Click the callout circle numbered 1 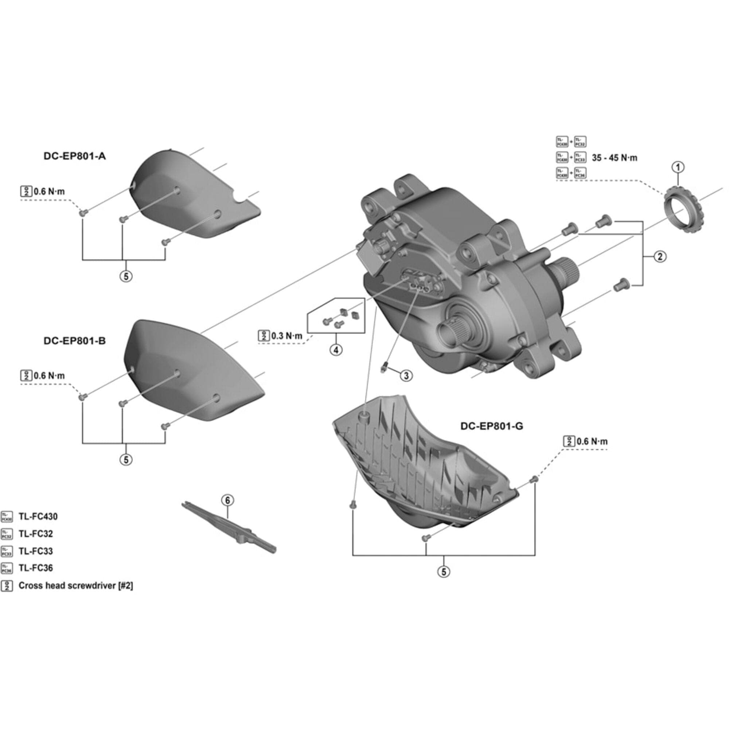(x=678, y=167)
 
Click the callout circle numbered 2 (x=660, y=257)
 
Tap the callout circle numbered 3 (x=406, y=375)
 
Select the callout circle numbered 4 (x=336, y=350)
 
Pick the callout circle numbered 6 (x=227, y=500)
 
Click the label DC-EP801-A (x=75, y=156)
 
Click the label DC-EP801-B (x=75, y=341)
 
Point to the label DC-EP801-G (x=492, y=426)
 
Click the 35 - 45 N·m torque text (x=614, y=158)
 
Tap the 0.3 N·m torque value (x=287, y=336)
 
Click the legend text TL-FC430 (x=38, y=516)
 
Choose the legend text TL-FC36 (x=36, y=568)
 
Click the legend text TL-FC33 (x=36, y=551)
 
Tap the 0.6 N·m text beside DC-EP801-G (x=592, y=441)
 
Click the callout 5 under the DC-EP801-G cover (x=444, y=572)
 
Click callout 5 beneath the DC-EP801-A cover (x=126, y=276)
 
